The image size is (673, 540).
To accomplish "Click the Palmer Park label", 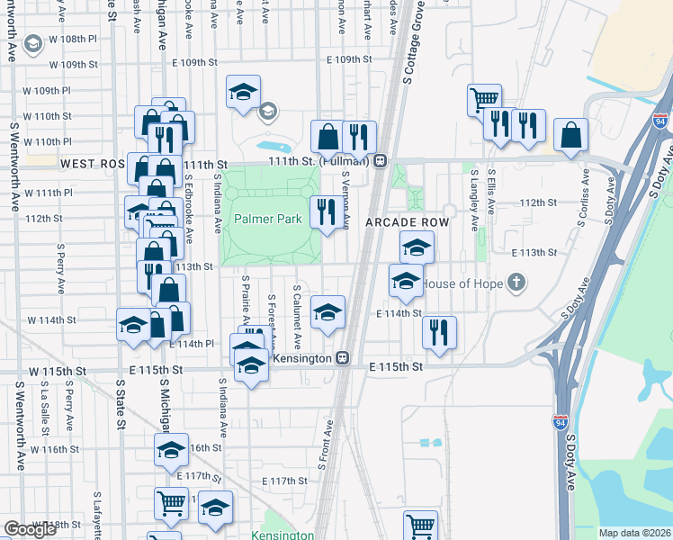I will tap(268, 219).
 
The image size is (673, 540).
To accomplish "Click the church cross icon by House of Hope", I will tap(516, 283).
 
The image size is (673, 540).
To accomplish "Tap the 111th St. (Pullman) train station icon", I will tap(381, 161).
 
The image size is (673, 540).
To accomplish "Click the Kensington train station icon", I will tap(342, 357).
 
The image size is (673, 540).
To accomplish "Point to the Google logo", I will tap(31, 529).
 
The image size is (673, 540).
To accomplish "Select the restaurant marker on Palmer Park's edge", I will tap(324, 211).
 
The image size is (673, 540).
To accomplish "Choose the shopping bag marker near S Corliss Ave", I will tap(570, 135).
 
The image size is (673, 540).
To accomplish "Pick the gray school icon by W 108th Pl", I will tap(33, 43).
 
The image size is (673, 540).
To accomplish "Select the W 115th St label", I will tap(58, 371).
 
